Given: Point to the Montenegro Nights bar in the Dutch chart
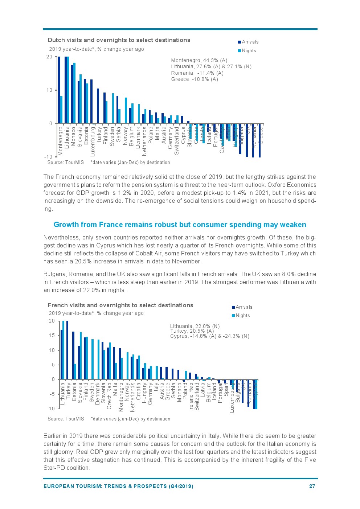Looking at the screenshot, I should pyautogui.click(x=61, y=110).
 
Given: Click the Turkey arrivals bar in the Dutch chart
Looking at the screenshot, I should pyautogui.click(x=98, y=106).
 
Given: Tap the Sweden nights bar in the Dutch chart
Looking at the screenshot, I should pyautogui.click(x=113, y=108).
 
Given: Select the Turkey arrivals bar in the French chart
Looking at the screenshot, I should pyautogui.click(x=67, y=350).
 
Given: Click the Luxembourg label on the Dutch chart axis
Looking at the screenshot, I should pyautogui.click(x=93, y=141).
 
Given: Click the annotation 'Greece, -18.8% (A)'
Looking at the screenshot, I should pyautogui.click(x=194, y=79).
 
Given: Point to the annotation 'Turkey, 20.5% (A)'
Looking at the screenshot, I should pyautogui.click(x=192, y=331).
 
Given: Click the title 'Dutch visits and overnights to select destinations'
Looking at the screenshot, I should pyautogui.click(x=119, y=40).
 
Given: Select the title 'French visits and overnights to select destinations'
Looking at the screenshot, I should pyautogui.click(x=120, y=305).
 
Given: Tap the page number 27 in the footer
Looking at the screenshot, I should pyautogui.click(x=312, y=486).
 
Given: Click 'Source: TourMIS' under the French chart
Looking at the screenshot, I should pyautogui.click(x=66, y=419).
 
